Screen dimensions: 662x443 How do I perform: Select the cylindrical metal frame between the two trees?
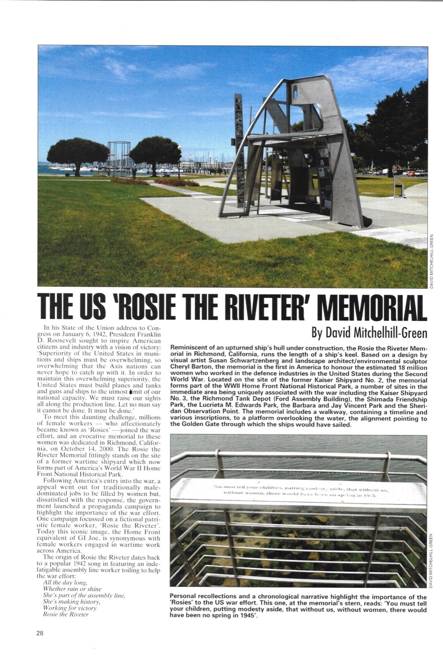(x=119, y=158)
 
